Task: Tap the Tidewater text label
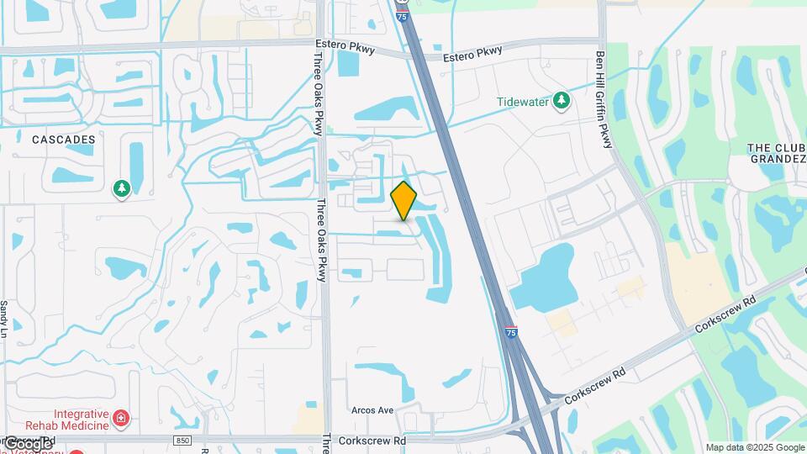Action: tap(521, 102)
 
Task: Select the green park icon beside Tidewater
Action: tap(561, 101)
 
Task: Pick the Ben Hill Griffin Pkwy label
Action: tap(601, 99)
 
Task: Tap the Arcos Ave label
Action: tap(374, 410)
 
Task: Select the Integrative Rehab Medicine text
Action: tap(81, 420)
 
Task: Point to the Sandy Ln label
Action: tap(4, 316)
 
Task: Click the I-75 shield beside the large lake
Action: tap(511, 334)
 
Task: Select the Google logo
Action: tap(29, 443)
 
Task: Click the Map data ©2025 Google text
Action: tap(754, 447)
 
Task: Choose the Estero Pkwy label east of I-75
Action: tap(472, 52)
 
